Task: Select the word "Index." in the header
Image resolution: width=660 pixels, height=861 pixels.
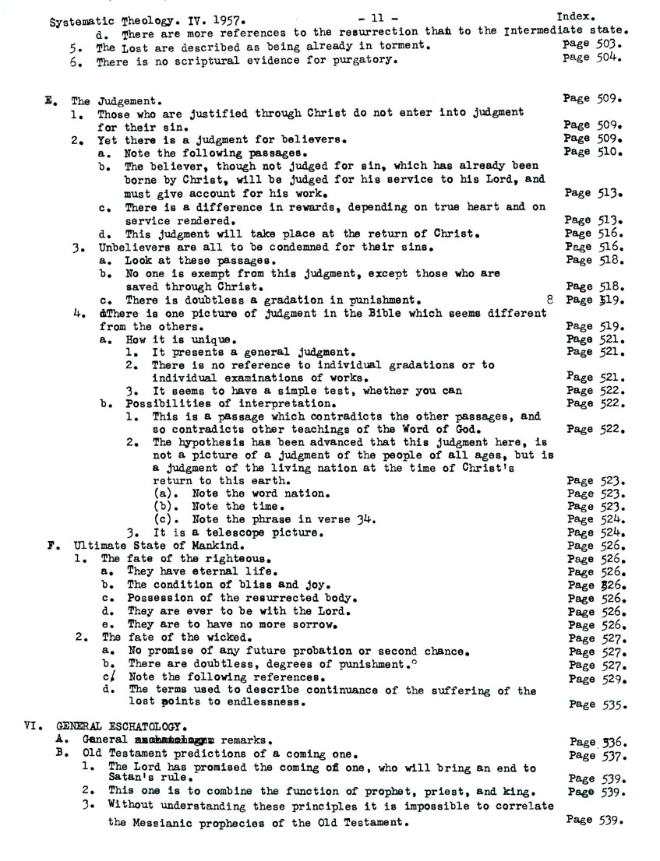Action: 577,15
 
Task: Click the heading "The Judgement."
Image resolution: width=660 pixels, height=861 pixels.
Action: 116,100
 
